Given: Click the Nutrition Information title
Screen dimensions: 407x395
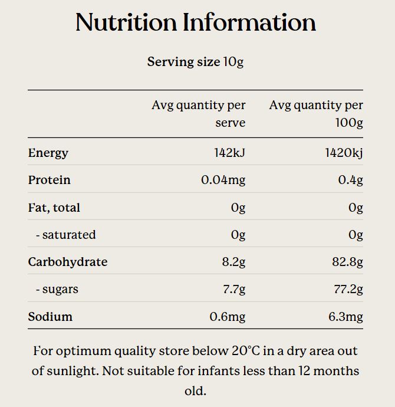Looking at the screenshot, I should (x=196, y=22).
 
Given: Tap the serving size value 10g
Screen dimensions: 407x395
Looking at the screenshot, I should (x=233, y=62).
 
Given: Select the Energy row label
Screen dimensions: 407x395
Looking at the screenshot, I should (x=48, y=153).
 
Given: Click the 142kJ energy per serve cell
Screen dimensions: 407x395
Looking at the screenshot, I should (x=229, y=153).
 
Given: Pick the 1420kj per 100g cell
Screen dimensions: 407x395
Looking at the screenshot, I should (x=344, y=153).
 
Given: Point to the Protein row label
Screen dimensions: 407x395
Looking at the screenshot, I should (x=49, y=180).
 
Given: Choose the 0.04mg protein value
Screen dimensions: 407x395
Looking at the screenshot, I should (x=223, y=180).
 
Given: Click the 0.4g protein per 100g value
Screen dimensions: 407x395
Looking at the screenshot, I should (x=350, y=180).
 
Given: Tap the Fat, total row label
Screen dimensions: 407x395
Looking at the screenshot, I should (x=54, y=208).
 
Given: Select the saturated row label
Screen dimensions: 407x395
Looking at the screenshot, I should (x=65, y=235).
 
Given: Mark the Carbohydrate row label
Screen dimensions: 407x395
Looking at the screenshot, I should (x=67, y=262).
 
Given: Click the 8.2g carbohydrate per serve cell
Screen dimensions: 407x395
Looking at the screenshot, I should (x=233, y=262).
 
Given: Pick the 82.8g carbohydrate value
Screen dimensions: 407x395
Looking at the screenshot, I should (x=347, y=262).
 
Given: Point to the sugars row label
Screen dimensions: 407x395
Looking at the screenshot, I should (x=57, y=289).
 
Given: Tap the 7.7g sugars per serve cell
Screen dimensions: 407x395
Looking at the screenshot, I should (x=233, y=289).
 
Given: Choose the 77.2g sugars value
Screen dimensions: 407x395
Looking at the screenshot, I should (x=347, y=289).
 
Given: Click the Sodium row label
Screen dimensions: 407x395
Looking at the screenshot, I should (x=50, y=317).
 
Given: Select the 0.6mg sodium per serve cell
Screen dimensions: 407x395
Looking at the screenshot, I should (x=227, y=317).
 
